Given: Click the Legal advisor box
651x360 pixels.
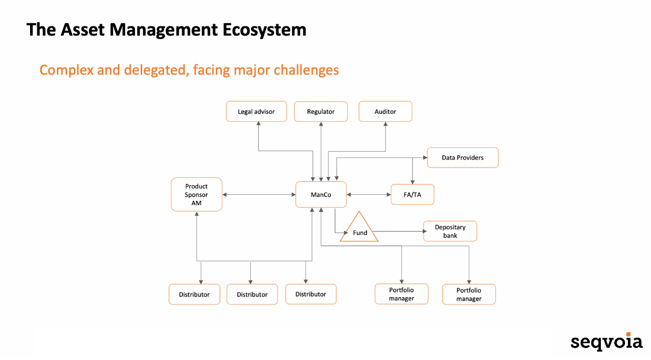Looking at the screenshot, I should pos(256,112).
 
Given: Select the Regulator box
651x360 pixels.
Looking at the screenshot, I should pos(320,112).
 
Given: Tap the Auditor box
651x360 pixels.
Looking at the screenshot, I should pos(385,112).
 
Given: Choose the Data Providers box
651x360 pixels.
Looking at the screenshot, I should pos(463,157).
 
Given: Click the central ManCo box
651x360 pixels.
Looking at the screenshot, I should pos(321,195).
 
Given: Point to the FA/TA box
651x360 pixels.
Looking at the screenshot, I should pos(412,195).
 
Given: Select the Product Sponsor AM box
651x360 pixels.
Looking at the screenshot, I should pos(197,194).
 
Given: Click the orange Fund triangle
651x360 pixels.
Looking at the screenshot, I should pos(360,230).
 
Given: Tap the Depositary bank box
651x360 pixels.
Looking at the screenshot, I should pos(450,231).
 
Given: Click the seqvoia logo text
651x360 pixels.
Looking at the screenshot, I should pos(606,342).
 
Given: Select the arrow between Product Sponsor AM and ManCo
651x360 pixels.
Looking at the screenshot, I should pos(259,195).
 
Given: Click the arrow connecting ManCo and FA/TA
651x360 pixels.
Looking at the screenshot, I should pos(369,195).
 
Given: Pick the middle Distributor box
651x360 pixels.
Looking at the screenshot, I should pos(252,294).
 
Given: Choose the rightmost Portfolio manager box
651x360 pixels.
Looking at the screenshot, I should pos(468,294).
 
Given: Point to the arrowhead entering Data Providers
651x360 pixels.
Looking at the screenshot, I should pos(425,158).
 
